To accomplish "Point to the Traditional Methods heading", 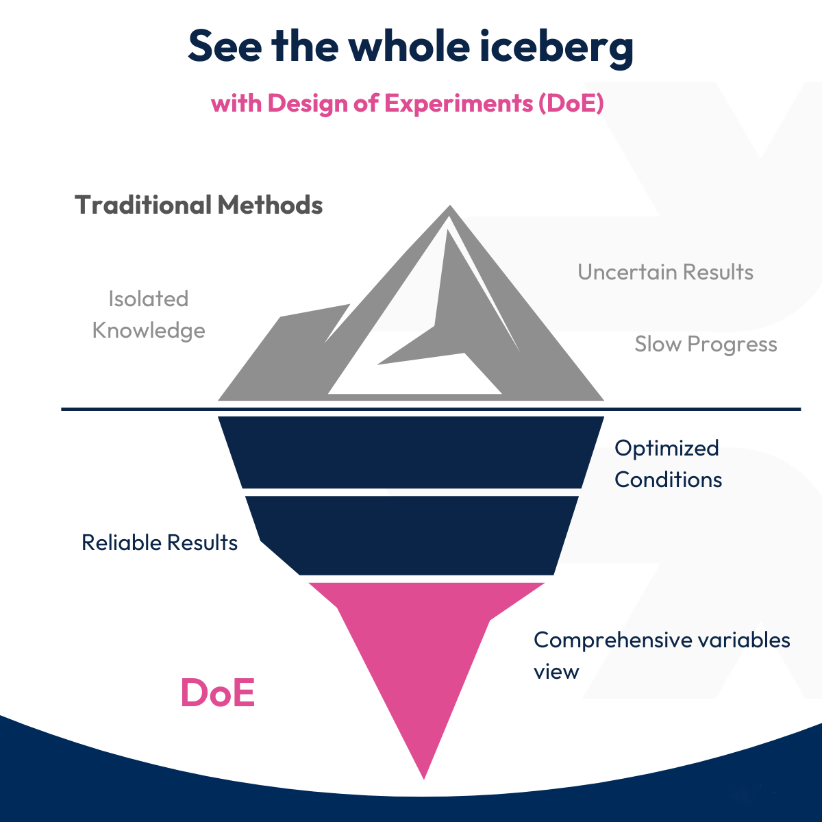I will point(199,205).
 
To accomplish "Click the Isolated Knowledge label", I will point(149,314).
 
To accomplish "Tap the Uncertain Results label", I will point(665,272).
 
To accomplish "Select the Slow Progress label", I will point(706,344).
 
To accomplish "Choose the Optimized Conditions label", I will point(668,463).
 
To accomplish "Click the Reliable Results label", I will point(160,543).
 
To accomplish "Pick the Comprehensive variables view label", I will point(661,655).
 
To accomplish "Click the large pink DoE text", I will point(217,693).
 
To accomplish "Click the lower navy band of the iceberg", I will point(411,534).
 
